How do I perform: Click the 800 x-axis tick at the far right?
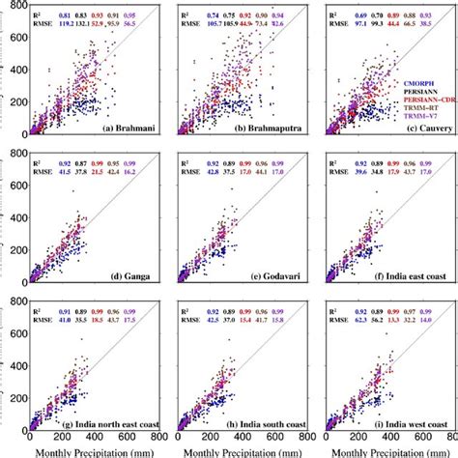click(x=446, y=439)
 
